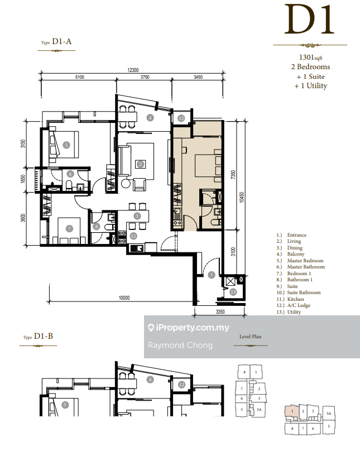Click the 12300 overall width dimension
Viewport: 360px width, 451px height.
click(133, 70)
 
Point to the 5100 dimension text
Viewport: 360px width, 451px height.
click(80, 77)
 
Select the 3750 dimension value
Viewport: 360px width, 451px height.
click(145, 77)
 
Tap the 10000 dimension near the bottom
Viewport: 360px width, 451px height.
click(124, 298)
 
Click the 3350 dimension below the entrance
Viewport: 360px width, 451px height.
click(220, 312)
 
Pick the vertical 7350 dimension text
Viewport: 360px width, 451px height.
click(233, 175)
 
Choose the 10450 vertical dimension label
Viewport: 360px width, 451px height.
click(242, 198)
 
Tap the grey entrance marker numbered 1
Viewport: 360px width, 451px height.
click(212, 275)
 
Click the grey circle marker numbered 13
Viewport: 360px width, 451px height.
click(233, 292)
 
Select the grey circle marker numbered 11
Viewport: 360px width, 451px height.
click(133, 236)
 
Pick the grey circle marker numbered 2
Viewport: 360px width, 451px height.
click(140, 164)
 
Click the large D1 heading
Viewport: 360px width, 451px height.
click(310, 20)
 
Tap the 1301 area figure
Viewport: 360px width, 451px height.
click(306, 57)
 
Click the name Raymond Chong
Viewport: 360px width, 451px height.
click(180, 345)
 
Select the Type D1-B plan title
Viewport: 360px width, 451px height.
click(39, 336)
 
